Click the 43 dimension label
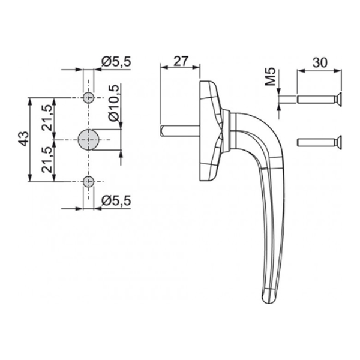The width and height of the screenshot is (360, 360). [23, 139]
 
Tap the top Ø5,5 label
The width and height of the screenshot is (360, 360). [116, 61]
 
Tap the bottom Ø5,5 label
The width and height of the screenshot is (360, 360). [116, 200]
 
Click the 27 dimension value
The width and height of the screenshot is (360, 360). [181, 61]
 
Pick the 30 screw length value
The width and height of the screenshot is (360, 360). [321, 61]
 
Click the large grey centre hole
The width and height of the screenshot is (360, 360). [89, 139]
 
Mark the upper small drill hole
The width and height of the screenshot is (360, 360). [89, 98]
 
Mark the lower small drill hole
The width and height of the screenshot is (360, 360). [89, 181]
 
